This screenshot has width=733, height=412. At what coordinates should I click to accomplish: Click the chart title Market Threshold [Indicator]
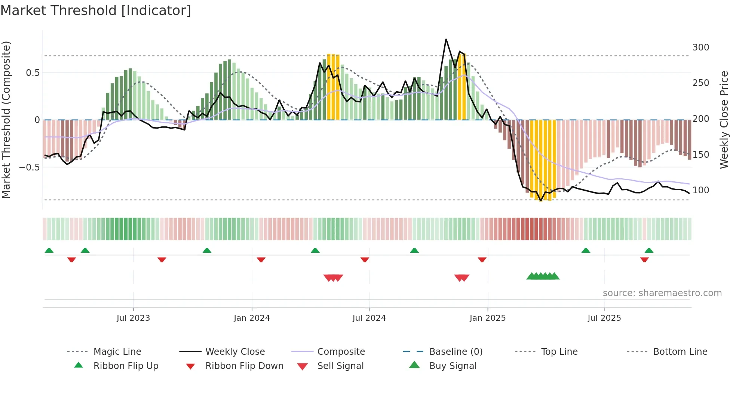point(96,10)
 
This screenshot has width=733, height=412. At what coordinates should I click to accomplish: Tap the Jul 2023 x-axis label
point(133,318)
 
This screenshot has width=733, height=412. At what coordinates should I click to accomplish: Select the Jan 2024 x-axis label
point(252,318)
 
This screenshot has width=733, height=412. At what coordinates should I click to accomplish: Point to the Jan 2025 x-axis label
point(487,318)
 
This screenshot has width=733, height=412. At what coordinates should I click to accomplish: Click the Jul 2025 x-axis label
point(604,318)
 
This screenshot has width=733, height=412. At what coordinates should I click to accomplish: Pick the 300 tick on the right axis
point(700,47)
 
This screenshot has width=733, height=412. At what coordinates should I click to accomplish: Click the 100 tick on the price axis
point(700,190)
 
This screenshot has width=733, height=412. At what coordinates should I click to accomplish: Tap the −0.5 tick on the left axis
point(29,167)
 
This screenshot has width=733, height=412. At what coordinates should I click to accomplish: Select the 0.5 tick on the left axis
point(33,73)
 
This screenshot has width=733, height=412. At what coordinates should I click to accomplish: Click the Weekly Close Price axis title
point(724,120)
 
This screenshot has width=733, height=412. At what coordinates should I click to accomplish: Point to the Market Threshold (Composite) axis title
point(6,120)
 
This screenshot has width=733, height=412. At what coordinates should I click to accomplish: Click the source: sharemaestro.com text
point(662,293)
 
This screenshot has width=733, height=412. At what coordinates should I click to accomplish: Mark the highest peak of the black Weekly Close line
point(446,39)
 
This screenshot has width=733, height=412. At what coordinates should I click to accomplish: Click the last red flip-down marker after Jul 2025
point(644,260)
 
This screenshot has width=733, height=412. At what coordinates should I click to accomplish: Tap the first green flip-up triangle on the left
point(49,250)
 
